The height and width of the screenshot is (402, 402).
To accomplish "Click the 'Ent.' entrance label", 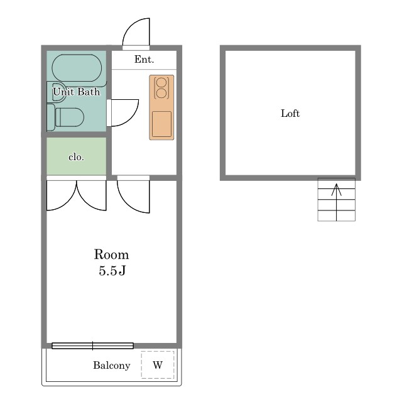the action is tap(144, 60).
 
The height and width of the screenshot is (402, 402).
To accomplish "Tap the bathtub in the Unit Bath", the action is tap(77, 68).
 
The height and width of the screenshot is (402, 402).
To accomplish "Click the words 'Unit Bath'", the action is tap(77, 92).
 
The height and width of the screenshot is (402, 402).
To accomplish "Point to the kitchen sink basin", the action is tap(161, 124).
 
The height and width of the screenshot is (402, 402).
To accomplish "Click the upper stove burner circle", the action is tap(161, 82).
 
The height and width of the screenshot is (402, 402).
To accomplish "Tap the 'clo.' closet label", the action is tap(76, 157).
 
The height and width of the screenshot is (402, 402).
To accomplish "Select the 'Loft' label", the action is tap(290, 113).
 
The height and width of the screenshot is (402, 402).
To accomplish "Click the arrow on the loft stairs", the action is tap(337, 202).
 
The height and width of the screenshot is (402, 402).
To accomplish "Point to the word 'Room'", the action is tap(112, 254).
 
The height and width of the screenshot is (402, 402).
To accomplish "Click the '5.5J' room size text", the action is tap(112, 271).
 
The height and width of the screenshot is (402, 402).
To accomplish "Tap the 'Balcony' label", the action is tap(112, 366).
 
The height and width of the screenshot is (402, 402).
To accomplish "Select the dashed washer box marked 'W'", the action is tap(158, 364).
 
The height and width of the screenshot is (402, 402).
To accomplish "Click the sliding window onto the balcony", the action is tap(92, 346).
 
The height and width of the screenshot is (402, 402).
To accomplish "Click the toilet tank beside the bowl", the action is tap(51, 117).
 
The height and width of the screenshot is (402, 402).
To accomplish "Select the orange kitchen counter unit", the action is tap(161, 107).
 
